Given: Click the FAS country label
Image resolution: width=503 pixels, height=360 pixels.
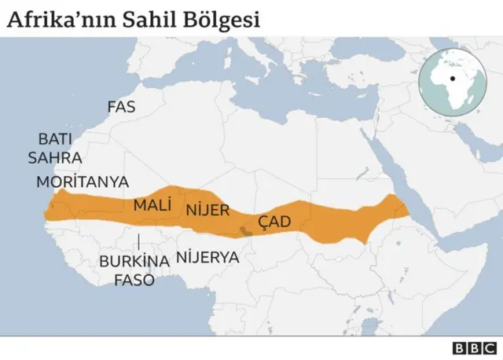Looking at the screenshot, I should [120, 106].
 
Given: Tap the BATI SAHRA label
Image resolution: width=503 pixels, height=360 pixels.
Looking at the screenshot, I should [54, 147].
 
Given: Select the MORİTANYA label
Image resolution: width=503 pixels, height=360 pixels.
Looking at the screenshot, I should [83, 182].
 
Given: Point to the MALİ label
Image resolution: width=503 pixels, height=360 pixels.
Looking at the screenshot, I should [152, 206].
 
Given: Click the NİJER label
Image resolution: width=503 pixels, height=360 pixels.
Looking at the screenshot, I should [207, 210].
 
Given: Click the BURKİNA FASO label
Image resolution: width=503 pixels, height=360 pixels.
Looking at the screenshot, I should [134, 270].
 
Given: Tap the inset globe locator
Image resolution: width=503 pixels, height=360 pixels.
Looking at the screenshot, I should [453, 82].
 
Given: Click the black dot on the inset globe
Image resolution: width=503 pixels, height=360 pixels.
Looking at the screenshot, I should [453, 79].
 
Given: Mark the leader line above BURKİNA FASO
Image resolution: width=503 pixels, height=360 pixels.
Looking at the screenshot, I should [138, 242].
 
